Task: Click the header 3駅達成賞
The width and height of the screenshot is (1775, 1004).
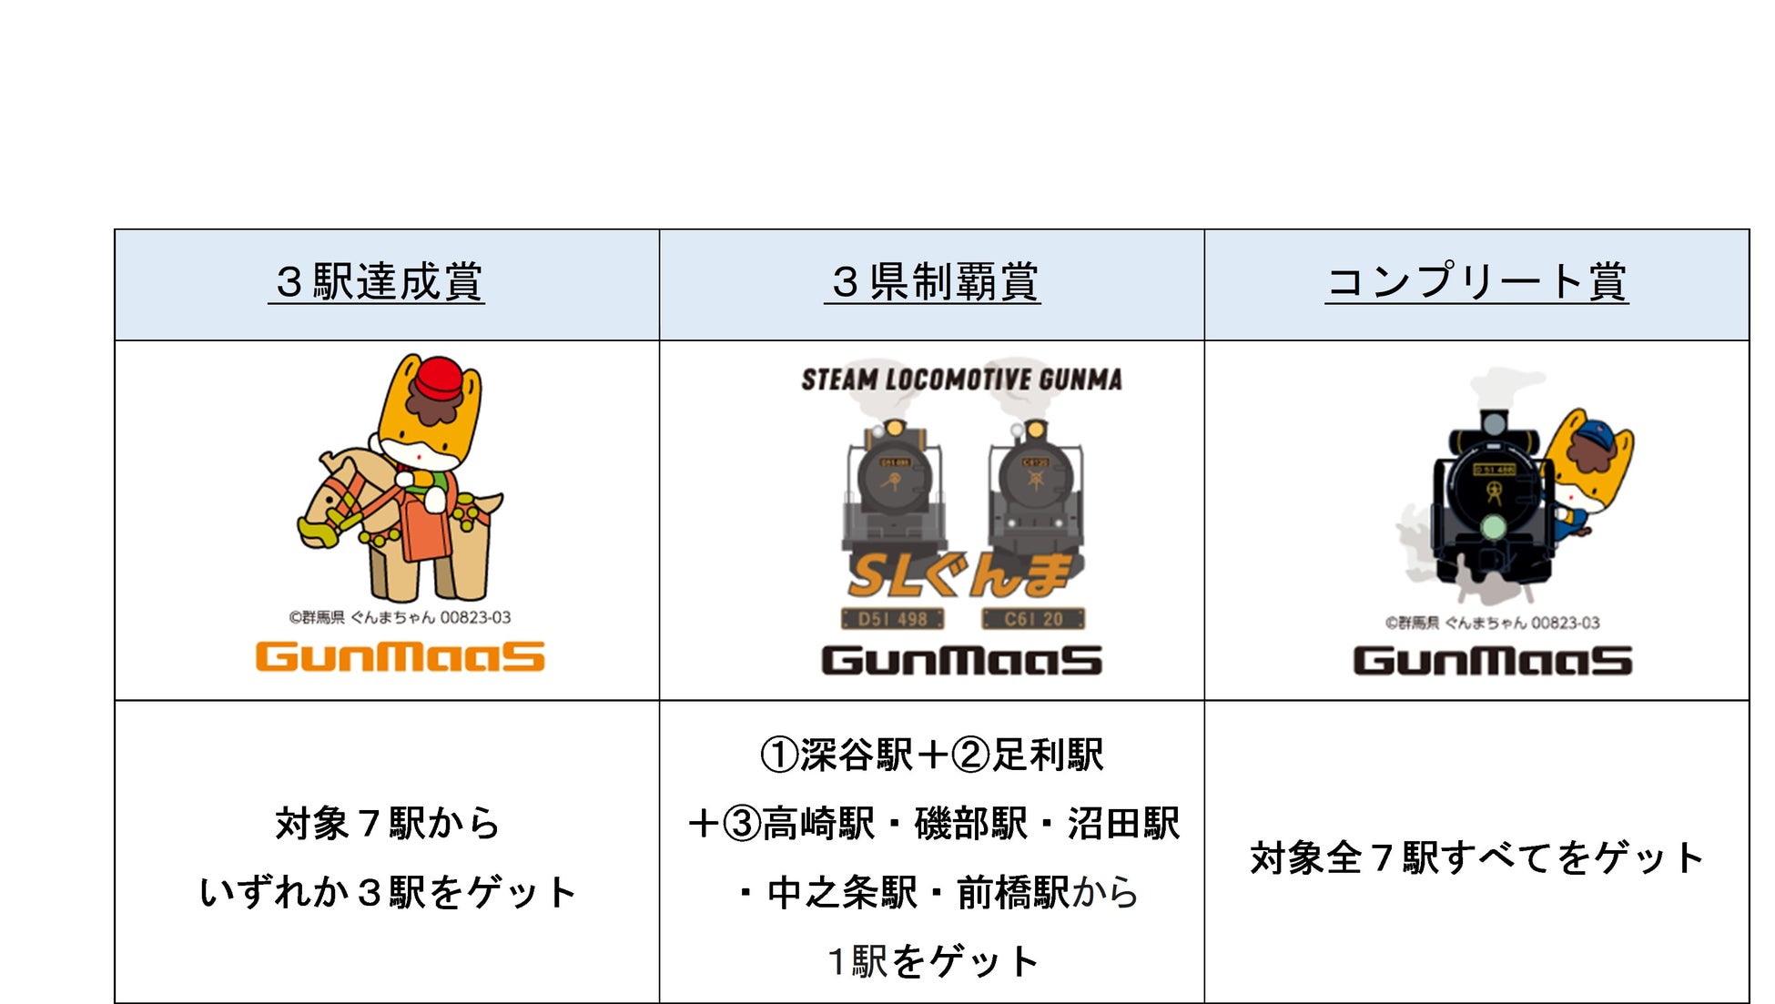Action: [377, 282]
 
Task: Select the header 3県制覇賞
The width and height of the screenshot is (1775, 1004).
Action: [933, 282]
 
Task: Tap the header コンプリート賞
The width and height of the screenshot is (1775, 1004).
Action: [1476, 282]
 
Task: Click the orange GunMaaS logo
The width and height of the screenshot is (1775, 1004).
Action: [400, 656]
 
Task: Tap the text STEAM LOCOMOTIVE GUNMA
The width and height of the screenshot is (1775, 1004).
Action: [961, 380]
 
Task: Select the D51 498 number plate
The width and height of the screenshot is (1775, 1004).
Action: [892, 620]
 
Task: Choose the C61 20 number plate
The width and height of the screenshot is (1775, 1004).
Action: [1033, 620]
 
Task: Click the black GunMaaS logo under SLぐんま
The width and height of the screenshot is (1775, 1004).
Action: [961, 660]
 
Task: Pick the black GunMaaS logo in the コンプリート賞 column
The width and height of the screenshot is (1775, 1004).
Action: [1492, 660]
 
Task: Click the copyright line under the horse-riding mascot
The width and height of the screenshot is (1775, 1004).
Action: [400, 617]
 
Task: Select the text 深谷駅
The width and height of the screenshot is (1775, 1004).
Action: [856, 755]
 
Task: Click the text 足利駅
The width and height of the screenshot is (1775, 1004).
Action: [1047, 755]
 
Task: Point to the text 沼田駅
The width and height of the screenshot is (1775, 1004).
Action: [1123, 824]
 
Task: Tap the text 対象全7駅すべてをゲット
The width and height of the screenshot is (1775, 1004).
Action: [1476, 858]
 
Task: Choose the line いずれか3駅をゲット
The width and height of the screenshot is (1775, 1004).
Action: [388, 892]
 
